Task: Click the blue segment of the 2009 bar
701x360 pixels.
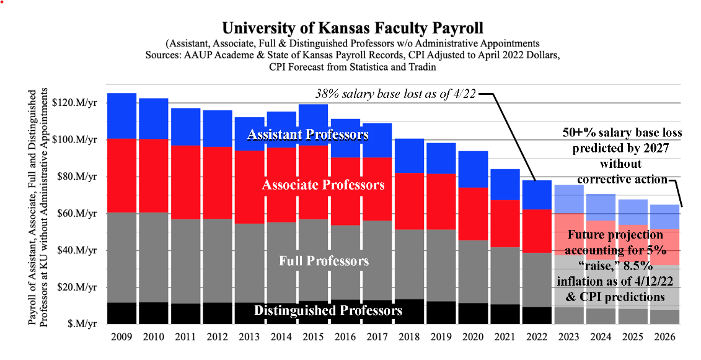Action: point(121,116)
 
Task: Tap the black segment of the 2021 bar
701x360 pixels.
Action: point(505,314)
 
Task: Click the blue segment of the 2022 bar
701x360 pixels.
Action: point(537,195)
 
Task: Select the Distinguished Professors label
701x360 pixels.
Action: point(328,310)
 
